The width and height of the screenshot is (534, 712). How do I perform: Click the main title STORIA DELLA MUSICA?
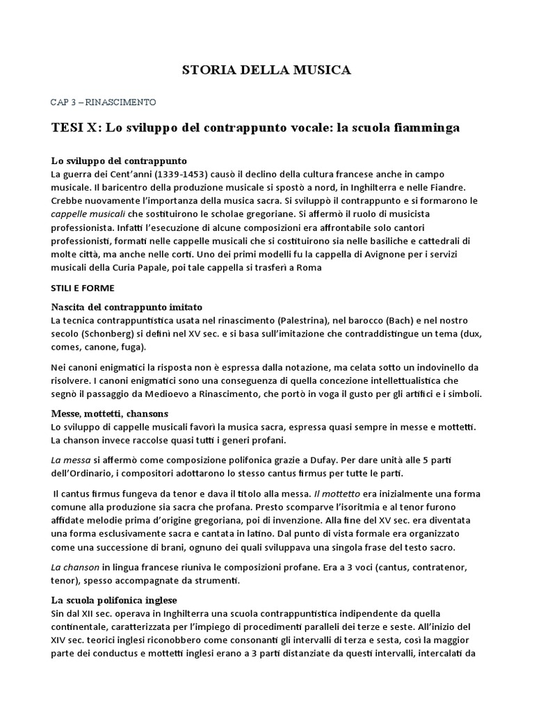[266, 70]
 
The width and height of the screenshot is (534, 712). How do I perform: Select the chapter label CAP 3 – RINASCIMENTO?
[104, 102]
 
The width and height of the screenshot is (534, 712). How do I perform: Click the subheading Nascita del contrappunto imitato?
[127, 307]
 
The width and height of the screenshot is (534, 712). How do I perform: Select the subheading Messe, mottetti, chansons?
[110, 413]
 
